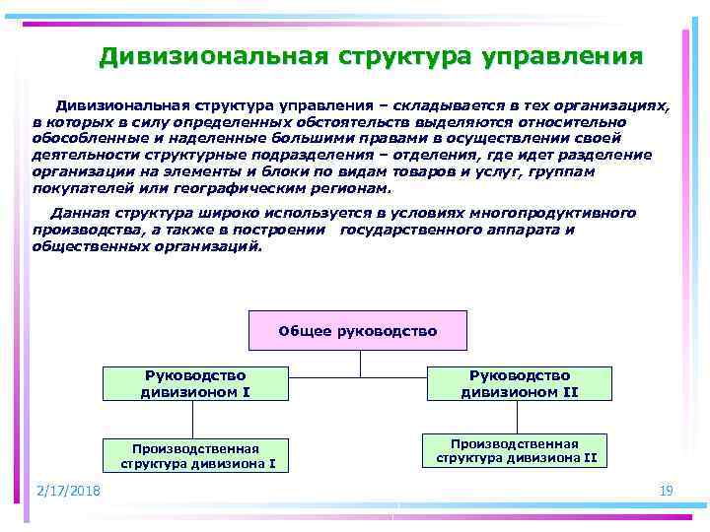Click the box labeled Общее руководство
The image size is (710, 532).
point(358,331)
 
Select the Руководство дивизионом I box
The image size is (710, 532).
point(196,383)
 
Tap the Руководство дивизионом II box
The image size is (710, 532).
point(519,383)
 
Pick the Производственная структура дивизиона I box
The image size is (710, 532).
point(197,454)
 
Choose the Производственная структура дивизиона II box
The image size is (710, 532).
point(516,450)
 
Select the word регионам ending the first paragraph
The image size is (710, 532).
point(355,188)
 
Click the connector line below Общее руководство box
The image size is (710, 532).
point(360,364)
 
